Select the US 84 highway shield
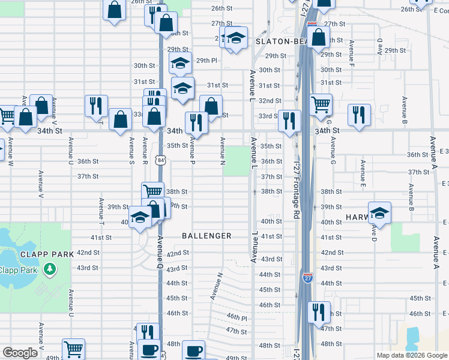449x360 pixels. coord(160,160)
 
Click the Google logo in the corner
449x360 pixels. coord(20,353)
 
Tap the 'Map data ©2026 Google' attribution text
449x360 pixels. coord(411,355)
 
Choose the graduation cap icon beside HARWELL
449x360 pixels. coord(379,213)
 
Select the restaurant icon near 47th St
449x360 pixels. coord(318,312)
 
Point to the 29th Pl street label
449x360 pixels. coord(206,60)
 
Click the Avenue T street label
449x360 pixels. coord(101,214)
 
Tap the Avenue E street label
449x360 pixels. coord(363,169)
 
